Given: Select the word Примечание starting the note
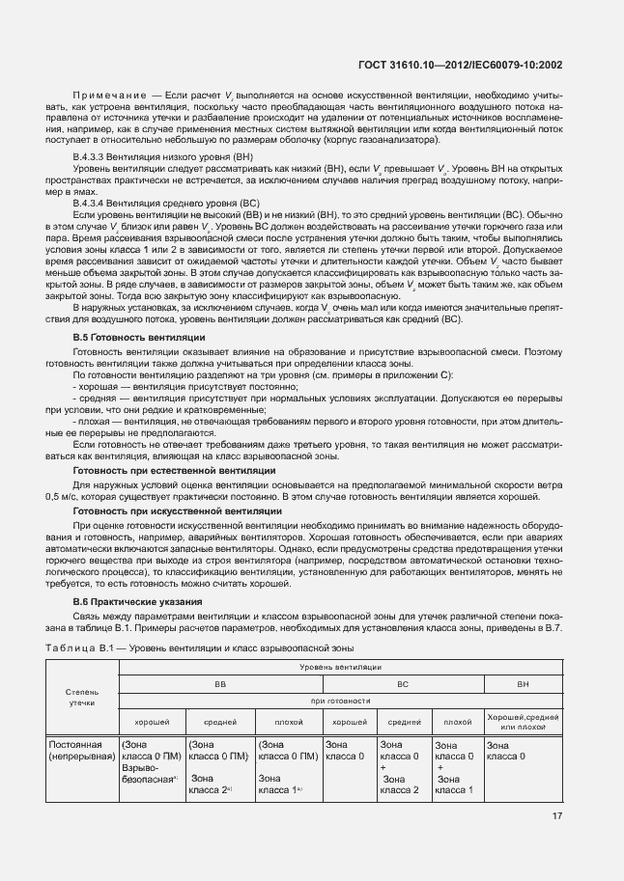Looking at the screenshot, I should tap(109, 96).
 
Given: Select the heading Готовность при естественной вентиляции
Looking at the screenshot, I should tap(174, 469).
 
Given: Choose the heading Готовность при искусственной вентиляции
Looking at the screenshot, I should tap(178, 509).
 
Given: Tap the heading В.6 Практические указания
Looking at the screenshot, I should tap(138, 601).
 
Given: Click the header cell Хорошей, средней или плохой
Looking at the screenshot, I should tap(523, 721).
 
